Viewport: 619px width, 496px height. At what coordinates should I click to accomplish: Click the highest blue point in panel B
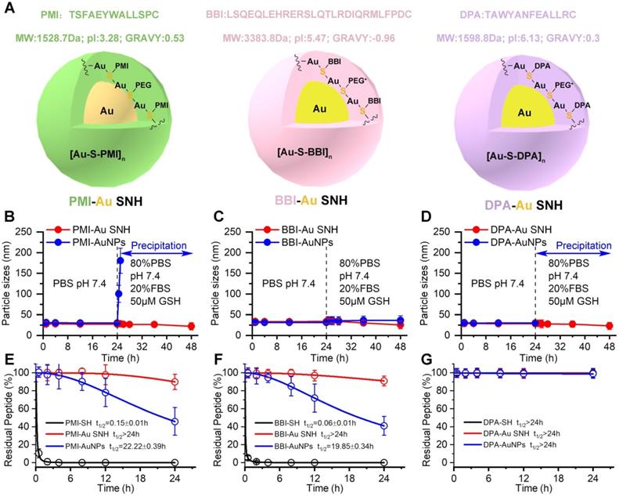pos(121,260)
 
